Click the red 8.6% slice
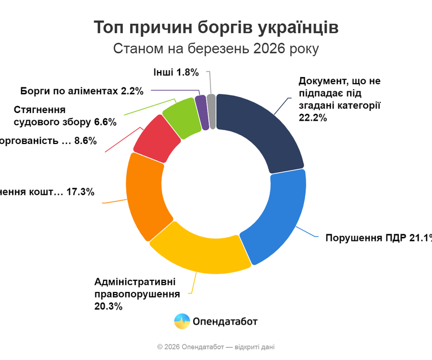click(x=157, y=139)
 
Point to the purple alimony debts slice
click(x=203, y=112)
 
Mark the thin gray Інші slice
click(x=212, y=111)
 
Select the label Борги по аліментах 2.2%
click(x=82, y=90)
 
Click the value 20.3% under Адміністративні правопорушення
click(x=109, y=305)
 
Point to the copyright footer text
click(x=215, y=347)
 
